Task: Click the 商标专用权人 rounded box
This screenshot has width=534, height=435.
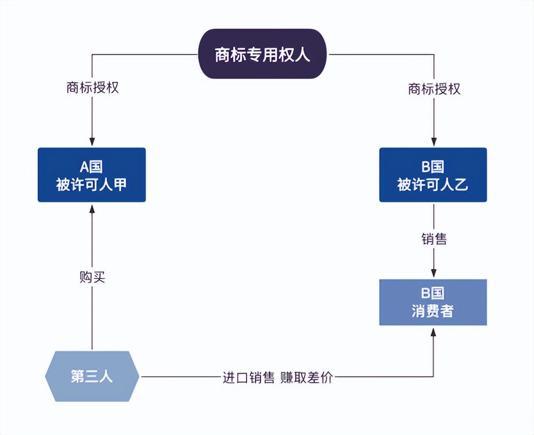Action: [262, 54]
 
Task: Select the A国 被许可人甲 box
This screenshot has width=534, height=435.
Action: [92, 175]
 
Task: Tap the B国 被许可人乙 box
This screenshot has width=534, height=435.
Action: [433, 175]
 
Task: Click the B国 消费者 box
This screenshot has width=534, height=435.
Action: [433, 302]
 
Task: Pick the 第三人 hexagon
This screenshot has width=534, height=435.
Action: [92, 376]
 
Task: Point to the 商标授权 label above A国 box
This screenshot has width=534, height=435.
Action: [92, 88]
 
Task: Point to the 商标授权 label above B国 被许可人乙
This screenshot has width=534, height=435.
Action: [434, 89]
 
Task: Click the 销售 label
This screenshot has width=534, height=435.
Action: [434, 239]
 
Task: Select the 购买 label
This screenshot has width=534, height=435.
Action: [92, 277]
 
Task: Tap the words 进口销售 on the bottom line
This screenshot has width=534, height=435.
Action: [248, 377]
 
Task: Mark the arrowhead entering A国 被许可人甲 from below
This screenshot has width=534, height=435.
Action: [92, 209]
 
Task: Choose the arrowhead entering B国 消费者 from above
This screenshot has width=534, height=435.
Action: [434, 273]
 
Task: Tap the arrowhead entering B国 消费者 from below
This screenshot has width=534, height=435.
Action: [433, 332]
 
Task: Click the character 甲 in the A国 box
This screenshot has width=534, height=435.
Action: [120, 185]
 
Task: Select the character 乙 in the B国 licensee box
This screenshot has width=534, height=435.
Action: [461, 185]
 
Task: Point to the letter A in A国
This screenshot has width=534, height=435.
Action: [85, 167]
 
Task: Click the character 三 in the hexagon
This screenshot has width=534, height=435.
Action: [92, 377]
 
